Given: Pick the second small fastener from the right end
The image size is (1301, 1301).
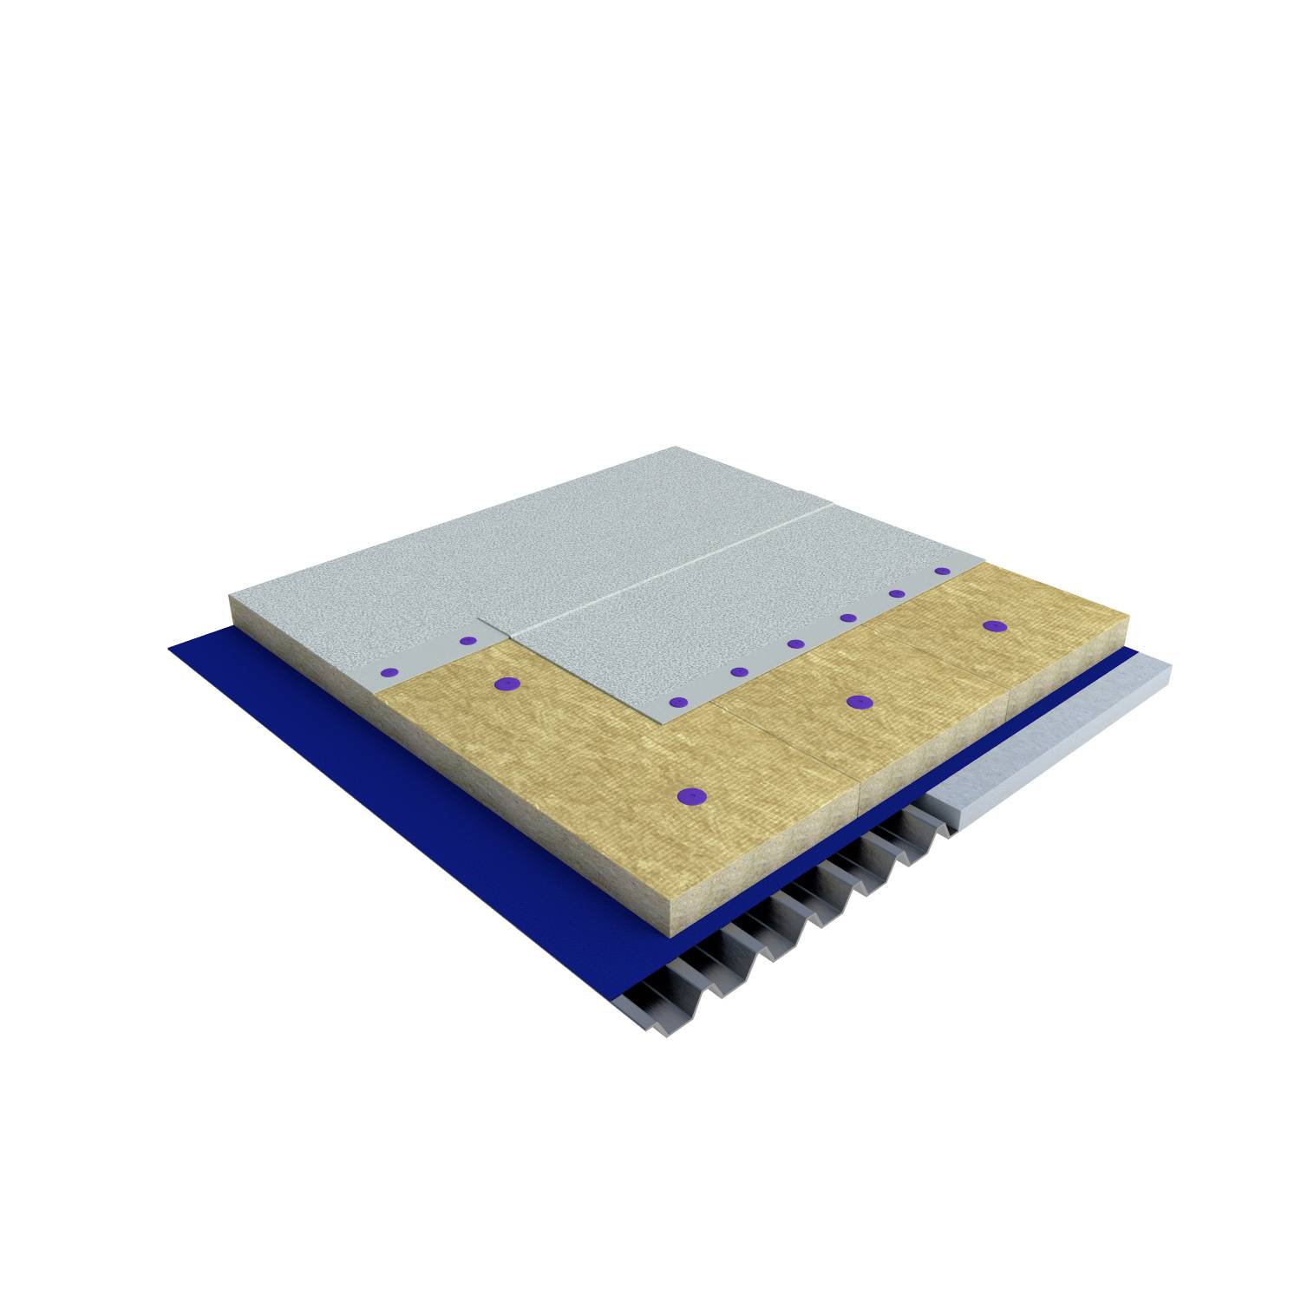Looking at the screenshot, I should pos(897,594).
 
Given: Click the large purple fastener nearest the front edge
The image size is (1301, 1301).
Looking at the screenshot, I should pos(690,794).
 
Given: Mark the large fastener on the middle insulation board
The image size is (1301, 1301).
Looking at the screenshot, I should pos(859,702).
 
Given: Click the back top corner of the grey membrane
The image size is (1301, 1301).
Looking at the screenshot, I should pos(677,448).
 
